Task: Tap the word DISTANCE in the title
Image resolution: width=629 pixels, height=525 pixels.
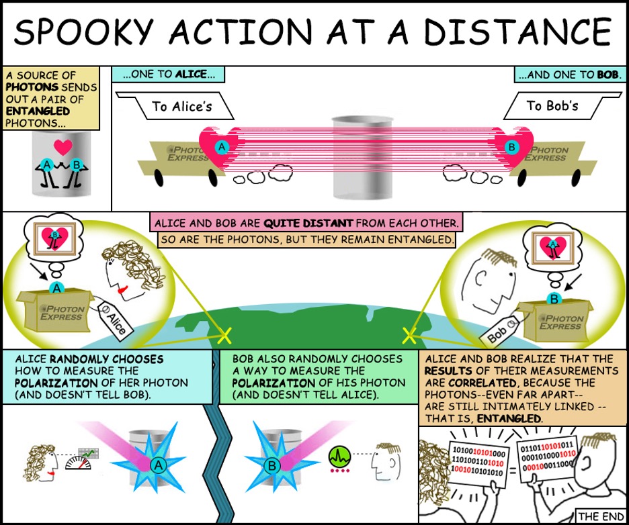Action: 517,32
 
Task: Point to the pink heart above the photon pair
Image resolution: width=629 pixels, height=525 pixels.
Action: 63,147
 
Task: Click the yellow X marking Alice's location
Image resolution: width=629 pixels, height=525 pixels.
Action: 224,335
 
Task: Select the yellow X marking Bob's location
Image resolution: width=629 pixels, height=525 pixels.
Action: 409,336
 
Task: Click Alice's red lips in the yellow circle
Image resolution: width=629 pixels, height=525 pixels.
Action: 122,289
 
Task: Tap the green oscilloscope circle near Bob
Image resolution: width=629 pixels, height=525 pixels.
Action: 339,456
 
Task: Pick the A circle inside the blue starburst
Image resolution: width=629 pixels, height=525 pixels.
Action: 158,465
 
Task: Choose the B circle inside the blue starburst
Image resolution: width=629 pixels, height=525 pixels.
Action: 272,466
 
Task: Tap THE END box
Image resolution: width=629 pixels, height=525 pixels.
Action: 601,516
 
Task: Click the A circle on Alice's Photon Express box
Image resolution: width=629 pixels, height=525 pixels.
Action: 56,288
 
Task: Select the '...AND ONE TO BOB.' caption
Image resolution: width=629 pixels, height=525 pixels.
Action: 570,75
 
